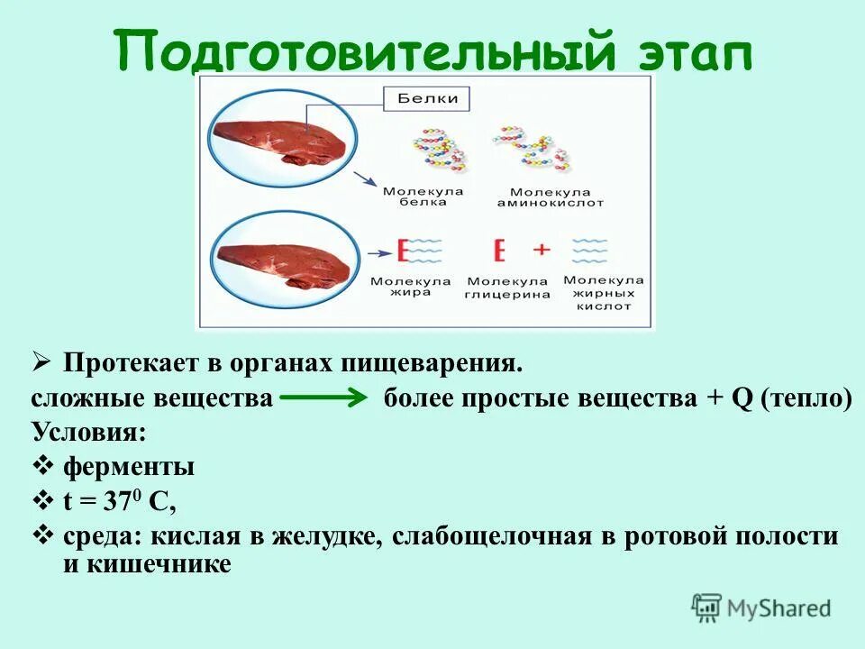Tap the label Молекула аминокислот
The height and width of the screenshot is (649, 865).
[538, 197]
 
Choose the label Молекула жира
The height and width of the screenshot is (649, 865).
[410, 287]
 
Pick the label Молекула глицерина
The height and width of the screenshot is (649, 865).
[507, 287]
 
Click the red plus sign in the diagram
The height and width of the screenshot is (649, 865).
[541, 249]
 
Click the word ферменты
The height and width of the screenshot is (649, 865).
[129, 467]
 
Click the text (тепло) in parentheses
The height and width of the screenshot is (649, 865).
[806, 398]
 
